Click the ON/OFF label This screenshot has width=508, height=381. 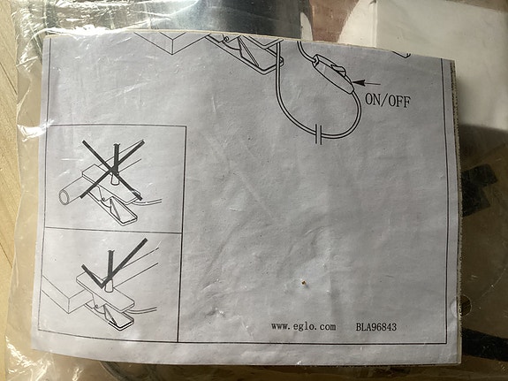pyautogui.click(x=387, y=100)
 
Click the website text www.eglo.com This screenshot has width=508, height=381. pyautogui.click(x=304, y=326)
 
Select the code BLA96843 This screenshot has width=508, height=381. pyautogui.click(x=377, y=327)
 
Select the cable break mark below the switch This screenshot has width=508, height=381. pyautogui.click(x=316, y=135)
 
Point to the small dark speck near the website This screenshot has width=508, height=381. pyautogui.click(x=303, y=284)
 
